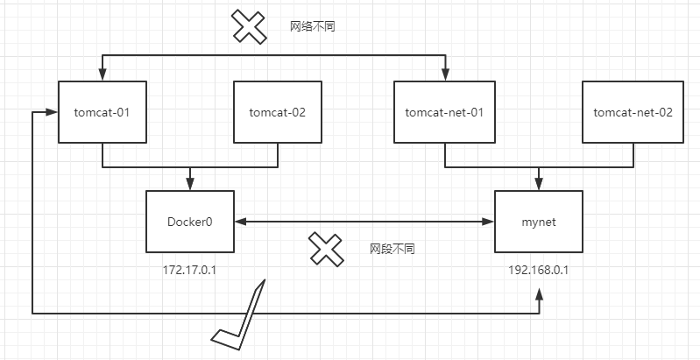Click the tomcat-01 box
point(103,112)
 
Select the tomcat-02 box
point(278,112)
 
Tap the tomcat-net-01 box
point(444,112)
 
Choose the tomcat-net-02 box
point(633,112)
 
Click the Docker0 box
point(190,222)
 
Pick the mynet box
point(538,222)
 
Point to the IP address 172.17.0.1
point(190,270)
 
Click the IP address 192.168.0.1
point(538,270)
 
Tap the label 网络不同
point(313,27)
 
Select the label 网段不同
point(392,249)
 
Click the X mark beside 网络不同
point(249,26)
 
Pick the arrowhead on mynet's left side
point(489,222)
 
